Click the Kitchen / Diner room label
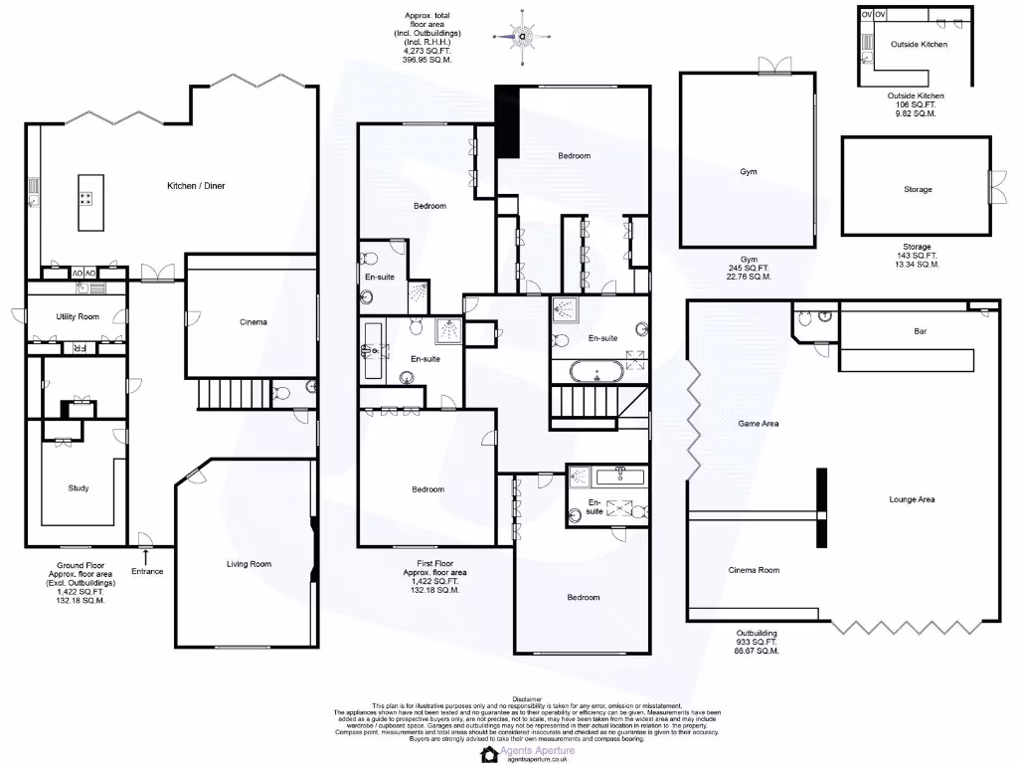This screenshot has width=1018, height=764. (x=196, y=186)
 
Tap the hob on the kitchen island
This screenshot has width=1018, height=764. (x=85, y=197)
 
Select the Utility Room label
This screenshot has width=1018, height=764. (x=78, y=315)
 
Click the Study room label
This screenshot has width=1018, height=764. (x=79, y=488)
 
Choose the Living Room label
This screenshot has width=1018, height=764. (x=249, y=564)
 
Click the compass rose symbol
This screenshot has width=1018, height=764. (x=522, y=35)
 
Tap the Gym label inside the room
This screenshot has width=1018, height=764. (x=748, y=172)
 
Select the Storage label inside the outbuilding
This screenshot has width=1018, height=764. (x=918, y=189)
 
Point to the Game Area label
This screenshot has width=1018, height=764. (x=758, y=424)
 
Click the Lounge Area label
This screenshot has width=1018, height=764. (x=912, y=499)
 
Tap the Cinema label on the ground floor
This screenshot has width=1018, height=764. (x=254, y=322)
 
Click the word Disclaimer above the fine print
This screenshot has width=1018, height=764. (x=528, y=700)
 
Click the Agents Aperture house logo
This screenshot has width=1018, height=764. (x=489, y=754)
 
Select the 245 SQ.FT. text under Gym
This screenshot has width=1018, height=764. (x=748, y=268)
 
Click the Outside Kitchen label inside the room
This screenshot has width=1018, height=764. (x=919, y=45)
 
